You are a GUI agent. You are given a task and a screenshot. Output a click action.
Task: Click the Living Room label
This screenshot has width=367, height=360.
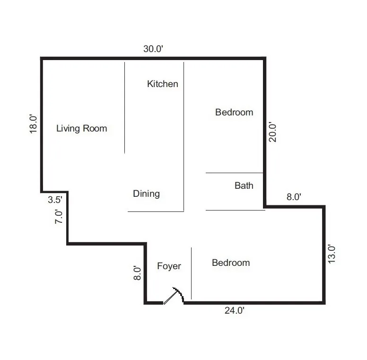[81, 128]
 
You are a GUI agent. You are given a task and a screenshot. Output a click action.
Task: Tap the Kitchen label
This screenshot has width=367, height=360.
[163, 84]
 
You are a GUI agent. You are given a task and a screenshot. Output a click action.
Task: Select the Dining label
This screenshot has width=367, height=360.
[146, 193]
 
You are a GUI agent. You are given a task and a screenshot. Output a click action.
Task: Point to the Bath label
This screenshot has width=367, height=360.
[244, 185]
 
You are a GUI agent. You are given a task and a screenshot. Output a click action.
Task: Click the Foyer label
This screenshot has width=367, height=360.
[169, 266]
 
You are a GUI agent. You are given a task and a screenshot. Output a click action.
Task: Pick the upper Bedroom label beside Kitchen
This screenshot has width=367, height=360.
[234, 112]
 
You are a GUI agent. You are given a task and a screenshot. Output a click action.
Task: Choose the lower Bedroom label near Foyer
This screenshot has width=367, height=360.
[231, 263]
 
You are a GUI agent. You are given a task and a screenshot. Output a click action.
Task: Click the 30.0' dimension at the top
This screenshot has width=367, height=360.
[154, 48]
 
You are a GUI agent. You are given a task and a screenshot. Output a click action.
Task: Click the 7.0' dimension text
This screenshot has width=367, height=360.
[59, 217]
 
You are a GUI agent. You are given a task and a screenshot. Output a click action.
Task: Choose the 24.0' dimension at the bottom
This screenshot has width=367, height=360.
[234, 311]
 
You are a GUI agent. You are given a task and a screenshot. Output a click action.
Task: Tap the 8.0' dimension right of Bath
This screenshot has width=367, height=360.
[294, 197]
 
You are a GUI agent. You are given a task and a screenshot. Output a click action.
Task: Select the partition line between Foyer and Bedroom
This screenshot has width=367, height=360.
[191, 273]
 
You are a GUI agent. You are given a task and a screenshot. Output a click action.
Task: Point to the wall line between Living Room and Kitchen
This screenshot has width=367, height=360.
[124, 107]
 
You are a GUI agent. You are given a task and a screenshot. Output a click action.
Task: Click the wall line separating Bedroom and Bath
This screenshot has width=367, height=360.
[234, 173]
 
